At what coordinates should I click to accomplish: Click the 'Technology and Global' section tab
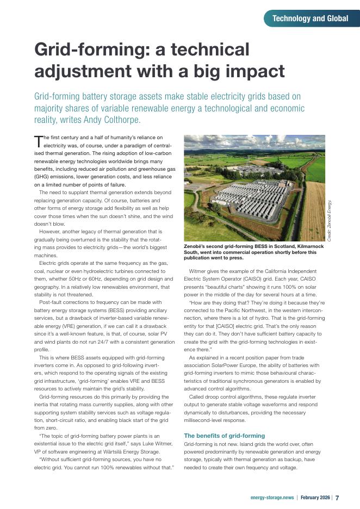(310, 18)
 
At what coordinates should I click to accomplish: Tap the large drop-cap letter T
(38, 142)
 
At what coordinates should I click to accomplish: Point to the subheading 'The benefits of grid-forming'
(225, 436)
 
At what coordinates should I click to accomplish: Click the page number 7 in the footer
(337, 498)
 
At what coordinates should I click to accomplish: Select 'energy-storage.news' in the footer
(272, 498)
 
